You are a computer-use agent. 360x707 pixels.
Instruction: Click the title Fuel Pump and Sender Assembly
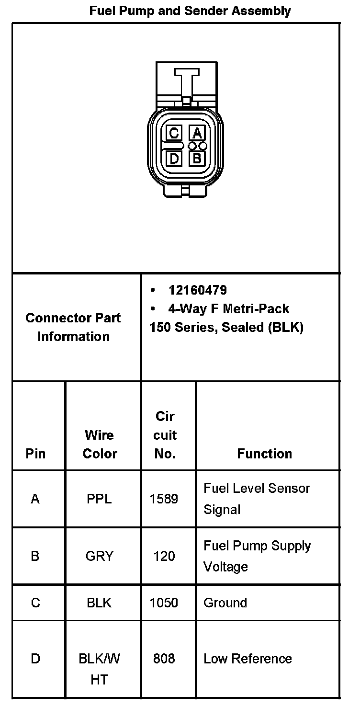pos(190,11)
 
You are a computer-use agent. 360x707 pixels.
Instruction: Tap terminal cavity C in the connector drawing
pos(174,133)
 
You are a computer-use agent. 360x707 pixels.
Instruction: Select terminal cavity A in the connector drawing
pos(197,133)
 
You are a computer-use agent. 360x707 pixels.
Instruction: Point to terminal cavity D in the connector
pos(174,158)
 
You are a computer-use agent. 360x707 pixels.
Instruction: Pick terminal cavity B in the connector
pos(197,158)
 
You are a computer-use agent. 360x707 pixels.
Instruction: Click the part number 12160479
pos(197,290)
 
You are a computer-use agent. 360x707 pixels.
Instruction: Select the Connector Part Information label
pos(73,327)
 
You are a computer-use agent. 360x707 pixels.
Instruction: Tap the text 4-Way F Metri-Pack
pos(228,308)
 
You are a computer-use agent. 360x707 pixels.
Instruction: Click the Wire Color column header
pos(100,444)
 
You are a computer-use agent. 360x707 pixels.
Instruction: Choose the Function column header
pos(264,454)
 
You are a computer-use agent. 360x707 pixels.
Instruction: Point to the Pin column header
pos(35,454)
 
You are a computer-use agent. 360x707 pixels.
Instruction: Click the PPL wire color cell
pos(99,499)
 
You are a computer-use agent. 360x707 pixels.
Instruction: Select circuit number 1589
pos(164,499)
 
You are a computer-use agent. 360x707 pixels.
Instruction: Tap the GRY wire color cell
pos(99,556)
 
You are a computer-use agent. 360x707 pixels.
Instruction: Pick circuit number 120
pos(164,556)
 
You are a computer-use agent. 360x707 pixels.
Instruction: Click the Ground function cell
pos(225,602)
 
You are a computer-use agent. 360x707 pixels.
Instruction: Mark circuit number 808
pos(164,659)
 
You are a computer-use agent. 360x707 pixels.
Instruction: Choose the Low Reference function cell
pos(247,659)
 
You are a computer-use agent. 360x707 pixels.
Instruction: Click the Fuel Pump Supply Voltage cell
pos(257,556)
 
